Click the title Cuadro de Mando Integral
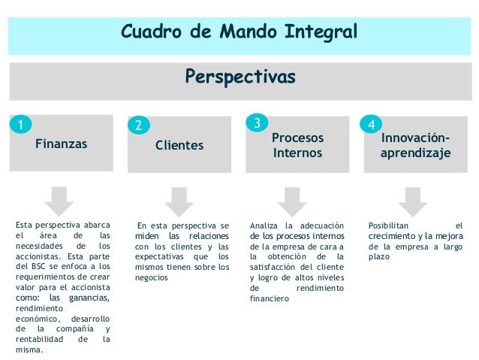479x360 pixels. pos(239,32)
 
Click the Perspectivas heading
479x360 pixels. pos(239,77)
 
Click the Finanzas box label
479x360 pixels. pos(62,143)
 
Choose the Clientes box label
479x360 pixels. pos(179,144)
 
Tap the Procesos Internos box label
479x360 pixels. pos(297,145)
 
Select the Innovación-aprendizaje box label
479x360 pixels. pos(416,145)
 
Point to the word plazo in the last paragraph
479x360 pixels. pos(379,256)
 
